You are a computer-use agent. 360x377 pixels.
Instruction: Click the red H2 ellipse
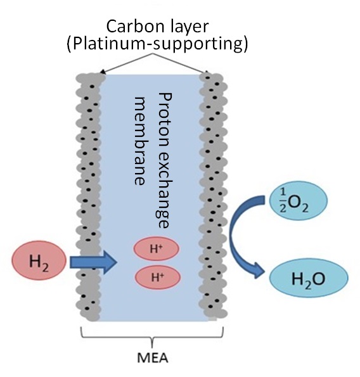37,260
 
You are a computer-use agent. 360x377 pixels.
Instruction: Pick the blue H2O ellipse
309,277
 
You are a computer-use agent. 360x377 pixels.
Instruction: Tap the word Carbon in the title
131,27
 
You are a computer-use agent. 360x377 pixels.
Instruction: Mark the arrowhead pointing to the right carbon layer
209,72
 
